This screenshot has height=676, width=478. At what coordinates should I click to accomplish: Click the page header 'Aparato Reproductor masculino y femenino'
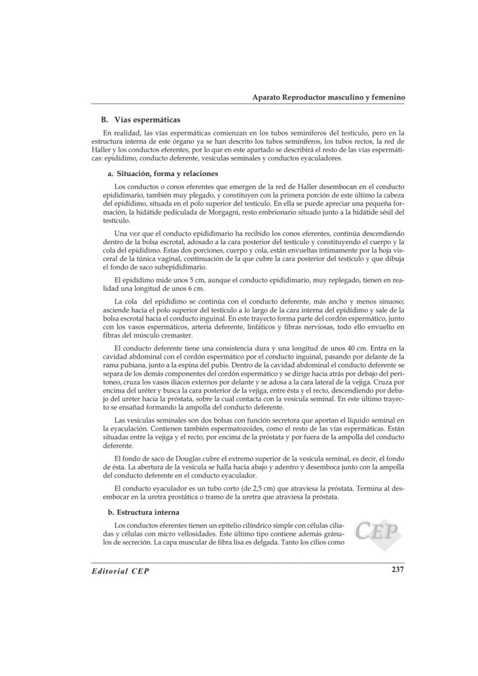pyautogui.click(x=328, y=98)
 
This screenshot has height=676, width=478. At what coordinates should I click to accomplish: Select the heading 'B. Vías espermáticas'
pyautogui.click(x=141, y=120)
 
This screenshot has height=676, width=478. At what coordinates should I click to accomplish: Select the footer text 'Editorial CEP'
pyautogui.click(x=121, y=570)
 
